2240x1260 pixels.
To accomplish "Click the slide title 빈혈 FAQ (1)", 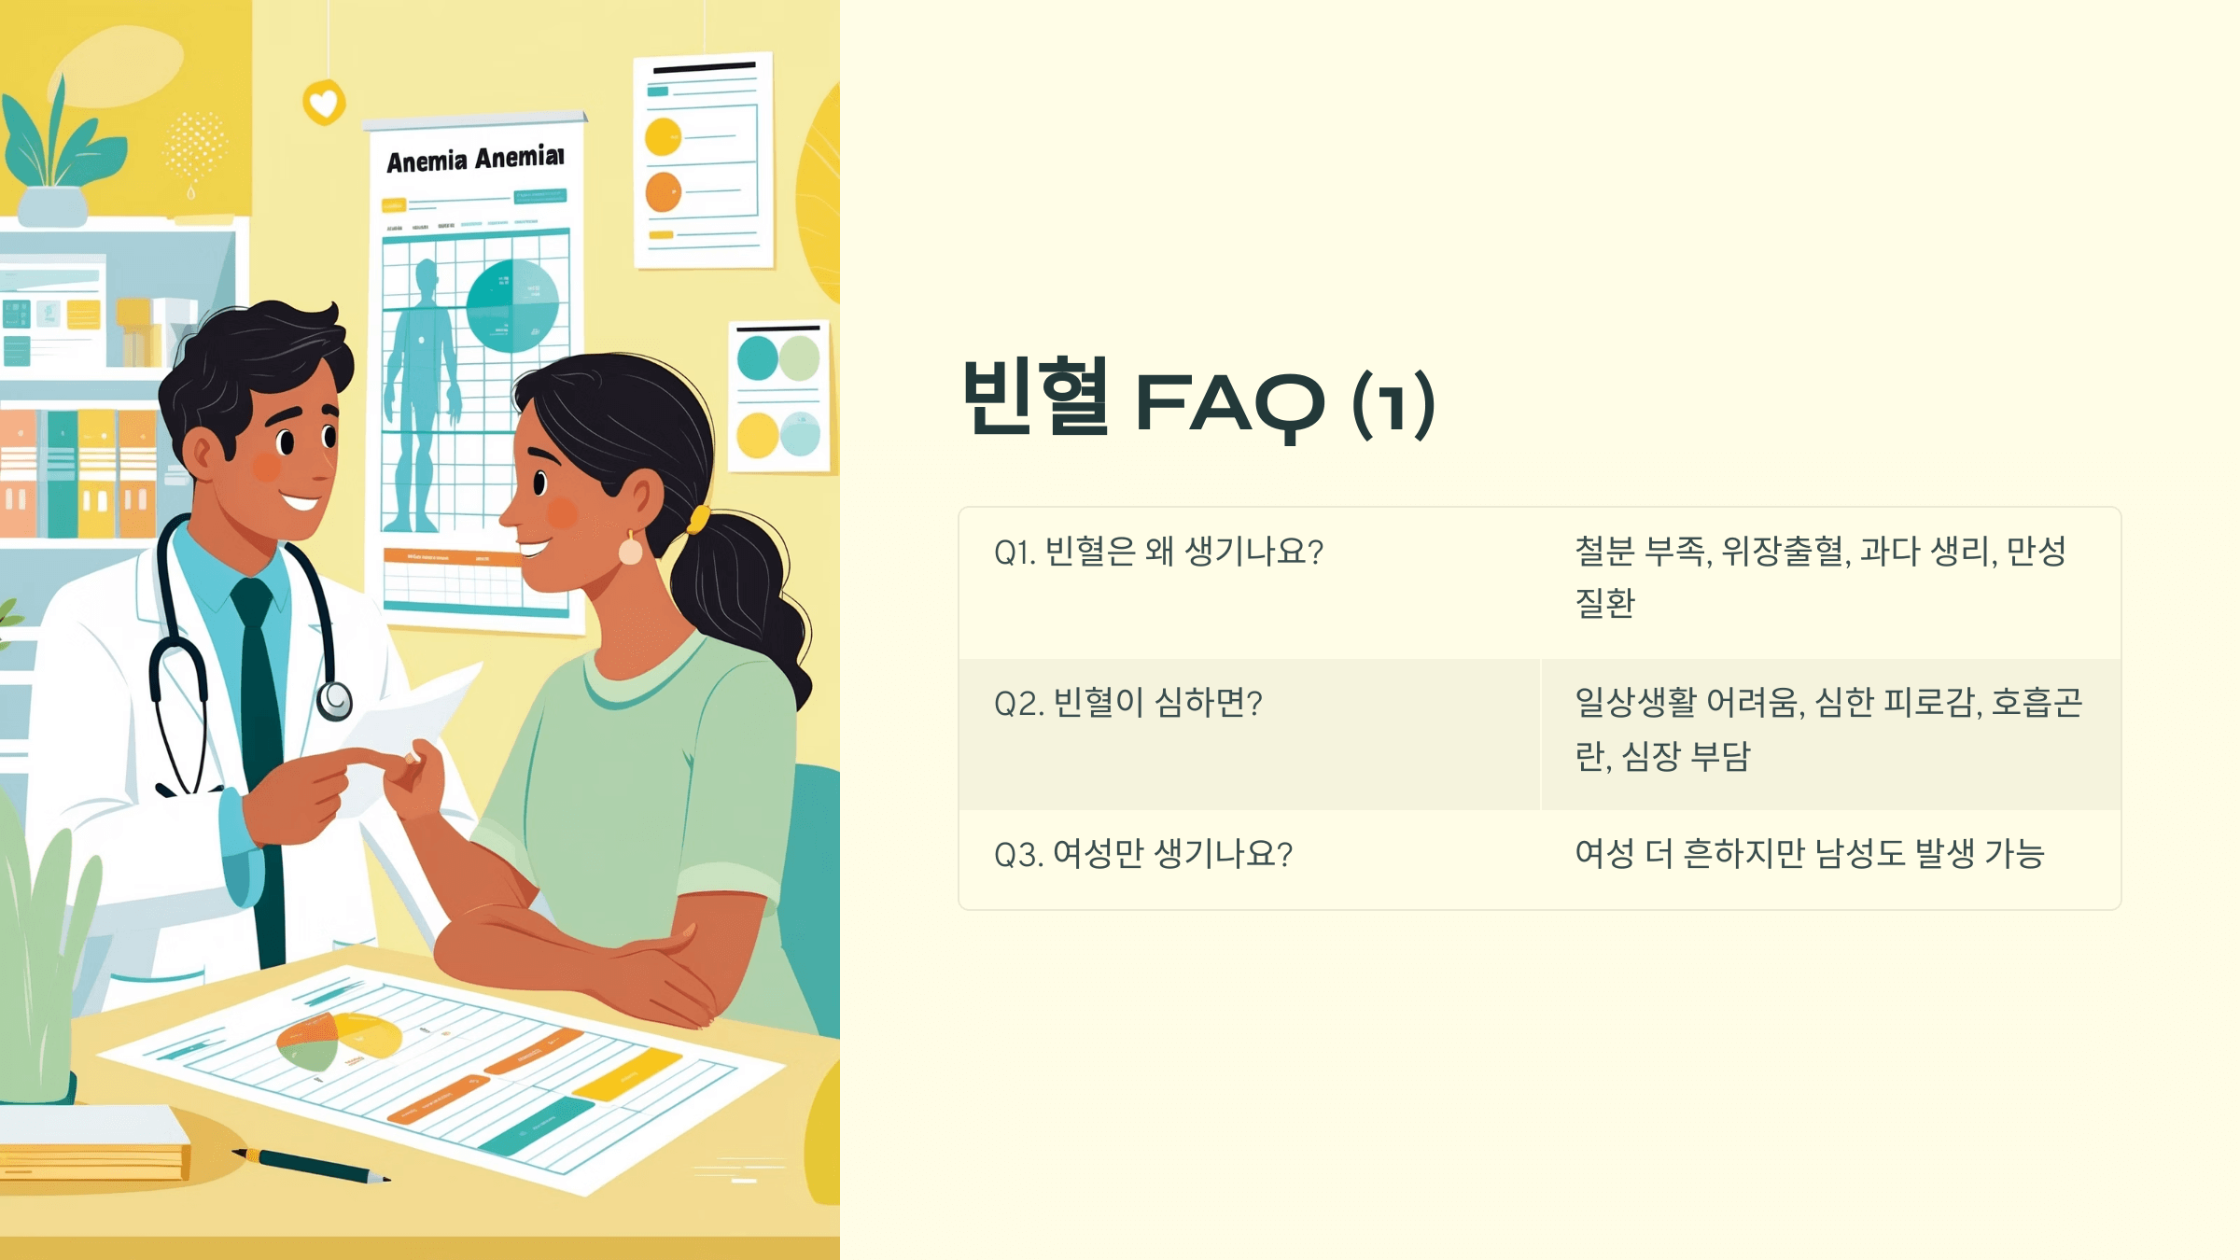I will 1198,401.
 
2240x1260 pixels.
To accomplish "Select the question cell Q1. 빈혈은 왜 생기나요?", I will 1158,553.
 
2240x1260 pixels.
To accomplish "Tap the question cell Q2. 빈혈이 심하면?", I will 1127,704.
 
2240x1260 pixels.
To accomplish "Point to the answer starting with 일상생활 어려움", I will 1827,729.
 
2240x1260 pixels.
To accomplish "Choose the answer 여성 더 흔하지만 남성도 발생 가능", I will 1809,854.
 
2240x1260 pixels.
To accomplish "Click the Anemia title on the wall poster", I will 475,160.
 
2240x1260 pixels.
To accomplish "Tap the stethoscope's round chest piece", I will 335,700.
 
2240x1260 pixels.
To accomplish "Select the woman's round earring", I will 631,552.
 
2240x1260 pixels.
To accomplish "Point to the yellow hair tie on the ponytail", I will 698,519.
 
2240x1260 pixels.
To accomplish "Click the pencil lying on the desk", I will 313,1166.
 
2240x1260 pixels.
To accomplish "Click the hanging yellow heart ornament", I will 324,103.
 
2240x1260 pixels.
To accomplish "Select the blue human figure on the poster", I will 423,392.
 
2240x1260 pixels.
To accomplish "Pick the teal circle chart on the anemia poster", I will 511,306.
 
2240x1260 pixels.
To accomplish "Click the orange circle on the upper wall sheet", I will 664,192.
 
